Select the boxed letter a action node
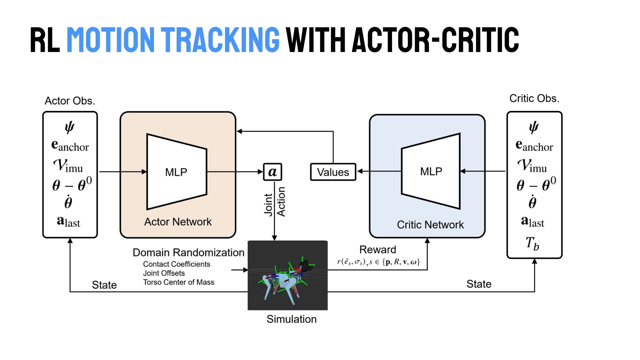point(272,172)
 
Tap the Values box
point(333,172)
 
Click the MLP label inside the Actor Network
point(176,172)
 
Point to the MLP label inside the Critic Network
point(431,171)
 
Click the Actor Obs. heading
point(70,101)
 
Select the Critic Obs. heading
point(534,98)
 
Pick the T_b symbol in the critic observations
point(532,244)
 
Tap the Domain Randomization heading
point(188,252)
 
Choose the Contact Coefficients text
point(177,264)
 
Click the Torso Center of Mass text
point(179,282)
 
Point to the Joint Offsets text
point(164,273)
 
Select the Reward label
point(378,249)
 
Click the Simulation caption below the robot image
point(291,319)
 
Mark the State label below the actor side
point(104,285)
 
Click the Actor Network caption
point(178,222)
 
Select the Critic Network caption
point(430,225)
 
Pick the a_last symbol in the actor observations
point(69,222)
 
